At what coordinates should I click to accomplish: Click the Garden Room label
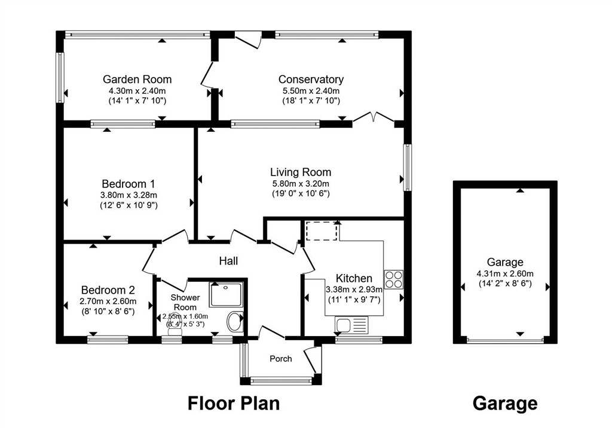point(137,79)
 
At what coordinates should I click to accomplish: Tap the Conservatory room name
point(311,79)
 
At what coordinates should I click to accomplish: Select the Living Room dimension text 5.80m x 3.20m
point(301,184)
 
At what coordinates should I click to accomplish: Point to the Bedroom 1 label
point(128,184)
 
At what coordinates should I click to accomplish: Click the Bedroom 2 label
point(108,290)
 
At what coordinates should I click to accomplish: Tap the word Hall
point(228,261)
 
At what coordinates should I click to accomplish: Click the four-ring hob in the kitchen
point(393,279)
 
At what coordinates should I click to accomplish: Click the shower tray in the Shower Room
point(227,294)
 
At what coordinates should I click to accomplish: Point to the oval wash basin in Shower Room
point(234,321)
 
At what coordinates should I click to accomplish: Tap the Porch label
point(281,359)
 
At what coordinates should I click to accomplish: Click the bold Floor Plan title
point(234,404)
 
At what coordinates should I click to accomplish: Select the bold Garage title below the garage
point(504,404)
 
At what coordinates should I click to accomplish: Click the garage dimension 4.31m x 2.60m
point(505,273)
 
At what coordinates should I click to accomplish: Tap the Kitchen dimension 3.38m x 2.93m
point(354,290)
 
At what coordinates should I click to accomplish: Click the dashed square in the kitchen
point(322,231)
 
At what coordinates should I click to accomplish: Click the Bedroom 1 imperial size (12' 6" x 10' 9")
point(129,205)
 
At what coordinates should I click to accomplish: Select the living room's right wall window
point(408,168)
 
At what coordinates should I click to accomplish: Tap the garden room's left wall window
point(60,78)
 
